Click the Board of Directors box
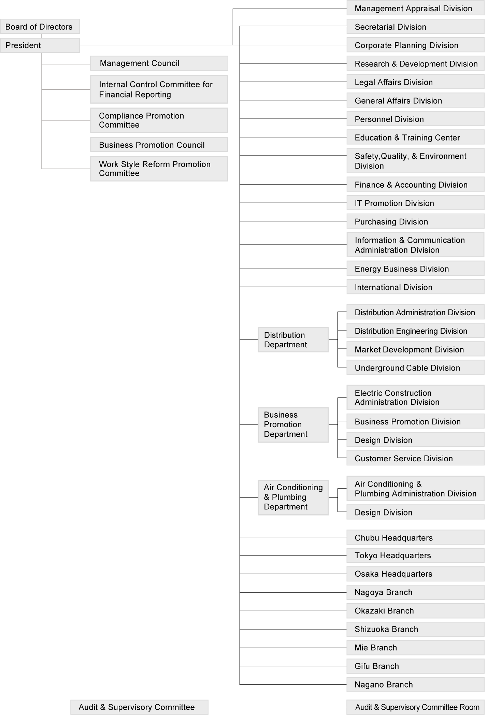coord(40,27)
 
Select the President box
coord(40,45)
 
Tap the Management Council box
coord(159,63)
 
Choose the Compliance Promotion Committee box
coord(159,120)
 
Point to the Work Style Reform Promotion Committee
coord(159,169)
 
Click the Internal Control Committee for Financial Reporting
coord(159,89)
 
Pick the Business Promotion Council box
coord(159,145)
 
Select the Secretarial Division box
coord(415,27)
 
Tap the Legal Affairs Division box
coord(415,82)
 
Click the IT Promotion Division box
coord(415,203)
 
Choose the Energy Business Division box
coord(415,269)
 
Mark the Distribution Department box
coord(293,339)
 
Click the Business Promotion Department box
coord(293,424)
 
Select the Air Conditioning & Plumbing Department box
coord(293,497)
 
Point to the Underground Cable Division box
coord(415,368)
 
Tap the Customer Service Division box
coord(415,458)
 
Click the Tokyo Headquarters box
coord(415,555)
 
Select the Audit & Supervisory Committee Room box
coord(415,707)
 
